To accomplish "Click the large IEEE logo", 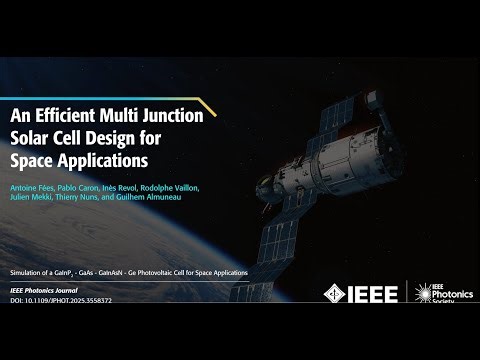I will pyautogui.click(x=365, y=293).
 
